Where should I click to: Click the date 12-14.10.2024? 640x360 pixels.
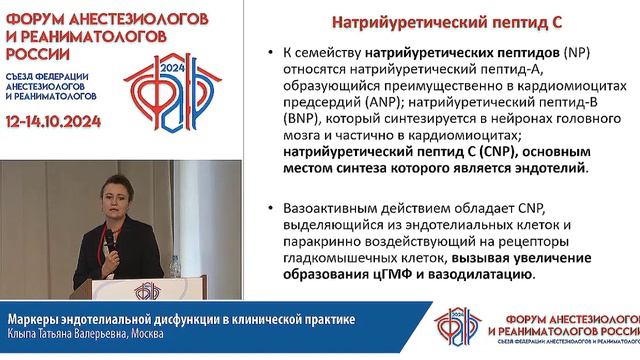pyautogui.click(x=61, y=117)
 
